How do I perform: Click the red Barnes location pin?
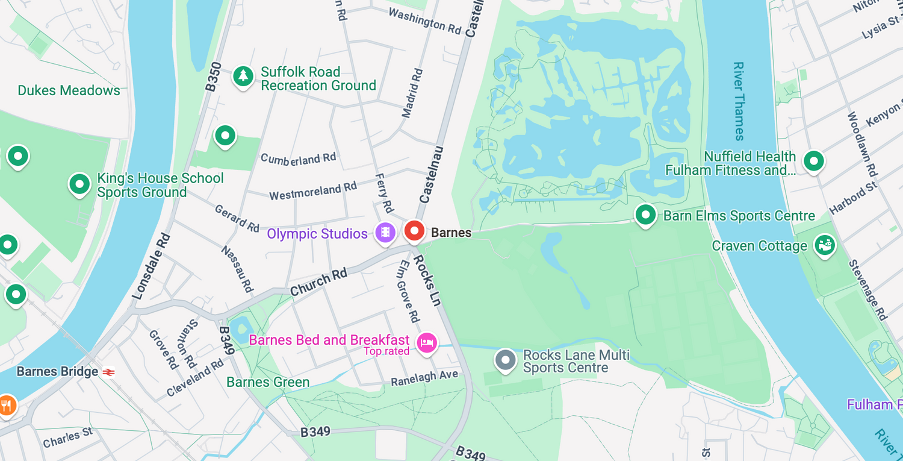[414, 231]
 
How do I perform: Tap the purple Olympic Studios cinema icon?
[385, 232]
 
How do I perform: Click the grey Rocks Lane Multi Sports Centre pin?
[505, 360]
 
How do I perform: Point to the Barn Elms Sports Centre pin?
[645, 215]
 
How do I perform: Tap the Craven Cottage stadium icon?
[824, 245]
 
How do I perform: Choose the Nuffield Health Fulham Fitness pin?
[814, 161]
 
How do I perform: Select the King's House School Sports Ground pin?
[79, 184]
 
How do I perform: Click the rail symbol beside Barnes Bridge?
[109, 372]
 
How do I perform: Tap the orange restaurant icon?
[7, 405]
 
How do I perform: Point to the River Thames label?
[739, 101]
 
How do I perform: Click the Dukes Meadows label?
[69, 91]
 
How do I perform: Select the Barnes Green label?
[268, 382]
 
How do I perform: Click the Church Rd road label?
[318, 282]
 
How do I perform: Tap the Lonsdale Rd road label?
[151, 266]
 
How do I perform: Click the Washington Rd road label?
[424, 20]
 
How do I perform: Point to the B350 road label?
[214, 77]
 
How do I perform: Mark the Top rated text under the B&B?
[386, 351]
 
